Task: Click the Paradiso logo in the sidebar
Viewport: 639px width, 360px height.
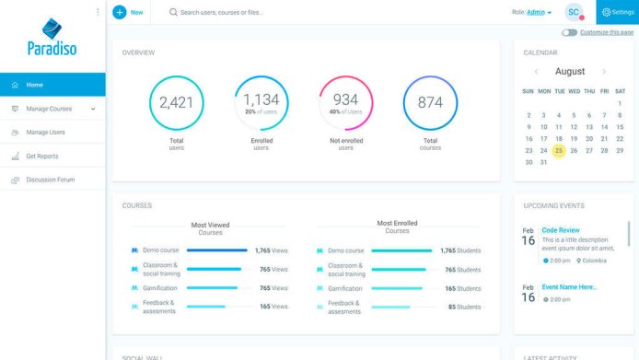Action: click(52, 37)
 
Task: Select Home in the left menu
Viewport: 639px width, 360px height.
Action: click(34, 85)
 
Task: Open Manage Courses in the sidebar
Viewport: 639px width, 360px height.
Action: click(49, 109)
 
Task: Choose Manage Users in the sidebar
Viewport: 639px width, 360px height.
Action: click(45, 133)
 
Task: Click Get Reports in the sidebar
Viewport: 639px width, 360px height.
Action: click(41, 157)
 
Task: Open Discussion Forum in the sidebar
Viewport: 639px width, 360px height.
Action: click(50, 180)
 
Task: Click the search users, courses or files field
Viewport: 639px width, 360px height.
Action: click(276, 13)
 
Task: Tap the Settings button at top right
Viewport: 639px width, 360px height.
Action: click(618, 12)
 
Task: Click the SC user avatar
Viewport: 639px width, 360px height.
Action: click(574, 12)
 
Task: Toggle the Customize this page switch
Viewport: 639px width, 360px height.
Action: click(570, 32)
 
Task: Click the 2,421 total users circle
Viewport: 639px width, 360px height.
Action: click(176, 102)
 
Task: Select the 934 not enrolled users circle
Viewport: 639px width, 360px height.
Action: click(345, 102)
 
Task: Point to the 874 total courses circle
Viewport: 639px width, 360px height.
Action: click(430, 102)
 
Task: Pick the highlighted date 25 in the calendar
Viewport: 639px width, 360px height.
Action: click(559, 150)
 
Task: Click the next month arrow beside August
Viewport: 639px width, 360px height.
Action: click(604, 72)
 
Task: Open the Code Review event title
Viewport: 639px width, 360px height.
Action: click(561, 230)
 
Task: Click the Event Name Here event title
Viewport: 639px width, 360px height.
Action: click(569, 287)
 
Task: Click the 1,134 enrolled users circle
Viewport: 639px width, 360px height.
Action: click(261, 102)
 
